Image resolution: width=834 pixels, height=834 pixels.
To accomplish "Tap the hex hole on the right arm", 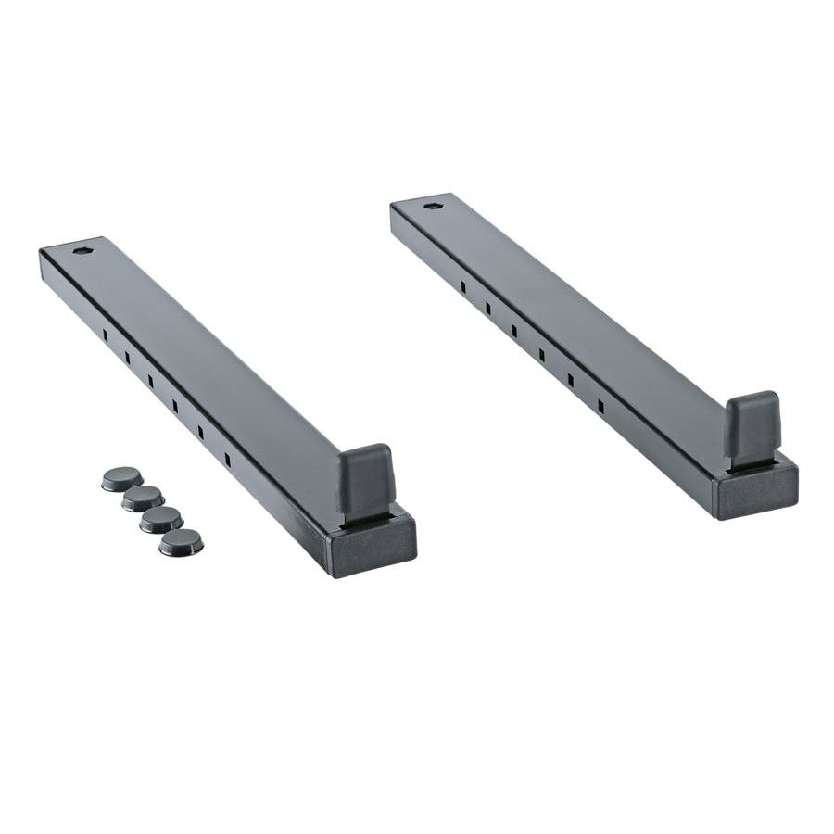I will [432, 205].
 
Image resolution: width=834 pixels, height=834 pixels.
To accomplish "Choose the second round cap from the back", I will [144, 499].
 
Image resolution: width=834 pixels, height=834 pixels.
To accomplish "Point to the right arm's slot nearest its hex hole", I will [462, 286].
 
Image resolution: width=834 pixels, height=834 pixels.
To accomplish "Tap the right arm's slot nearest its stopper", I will [600, 406].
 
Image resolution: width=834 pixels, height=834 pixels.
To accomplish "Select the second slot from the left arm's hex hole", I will [128, 356].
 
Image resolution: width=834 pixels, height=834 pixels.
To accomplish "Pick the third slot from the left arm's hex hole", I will [150, 380].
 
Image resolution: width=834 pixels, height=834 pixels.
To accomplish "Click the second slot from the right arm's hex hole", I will [487, 308].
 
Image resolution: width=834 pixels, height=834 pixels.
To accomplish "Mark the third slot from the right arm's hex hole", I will [514, 331].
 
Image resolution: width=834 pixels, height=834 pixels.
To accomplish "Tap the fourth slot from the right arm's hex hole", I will [542, 355].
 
